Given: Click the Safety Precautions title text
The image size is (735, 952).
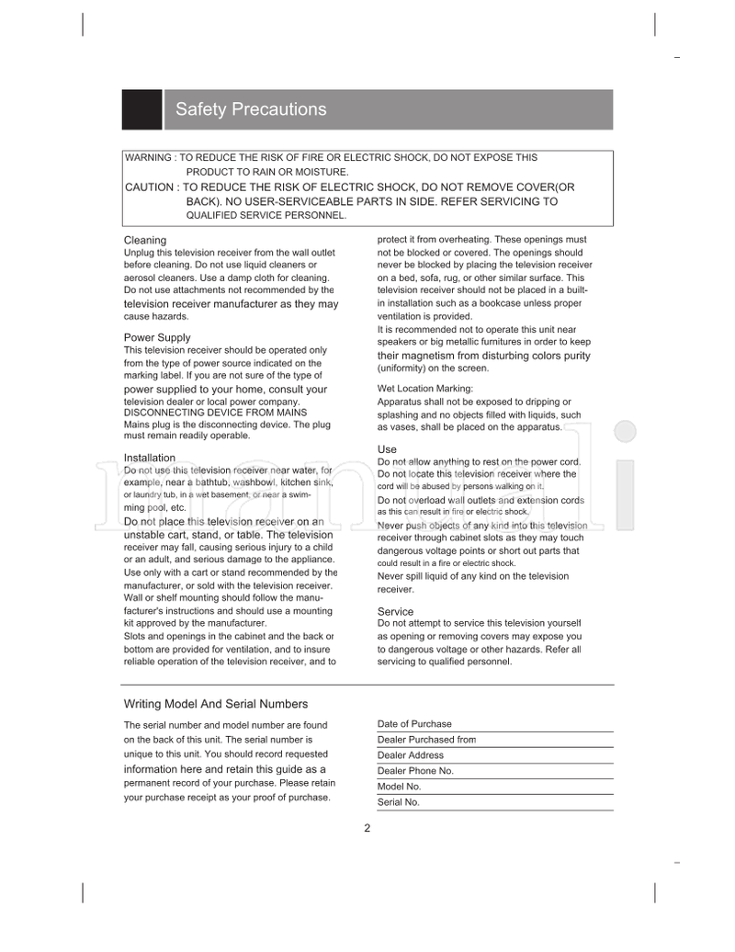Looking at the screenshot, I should point(251,109).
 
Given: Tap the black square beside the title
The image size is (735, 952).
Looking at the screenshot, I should point(141,109).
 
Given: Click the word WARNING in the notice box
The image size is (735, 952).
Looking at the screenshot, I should point(148,158).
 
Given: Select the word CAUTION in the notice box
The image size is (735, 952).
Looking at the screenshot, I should point(149,187).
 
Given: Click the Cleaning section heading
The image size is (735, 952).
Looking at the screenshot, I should point(145,241).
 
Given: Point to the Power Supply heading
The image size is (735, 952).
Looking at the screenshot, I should point(157,338).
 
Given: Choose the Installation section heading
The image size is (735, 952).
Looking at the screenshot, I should point(150,458).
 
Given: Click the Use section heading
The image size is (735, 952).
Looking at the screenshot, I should point(387,449).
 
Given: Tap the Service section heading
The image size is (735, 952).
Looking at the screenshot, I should point(395,612).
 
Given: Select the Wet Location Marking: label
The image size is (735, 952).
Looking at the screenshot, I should point(425,389).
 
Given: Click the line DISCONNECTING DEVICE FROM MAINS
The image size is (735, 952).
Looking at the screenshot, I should point(216,414).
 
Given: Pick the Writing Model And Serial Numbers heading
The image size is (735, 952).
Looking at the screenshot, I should point(216,704).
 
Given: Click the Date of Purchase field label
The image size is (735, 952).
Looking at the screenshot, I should point(414,724).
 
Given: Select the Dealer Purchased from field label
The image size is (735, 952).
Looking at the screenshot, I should point(426,740).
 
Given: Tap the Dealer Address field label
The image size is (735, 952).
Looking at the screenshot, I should point(411,755).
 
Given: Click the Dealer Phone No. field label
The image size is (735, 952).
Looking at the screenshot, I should point(415,771).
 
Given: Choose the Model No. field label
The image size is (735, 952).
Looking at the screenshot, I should point(399,787).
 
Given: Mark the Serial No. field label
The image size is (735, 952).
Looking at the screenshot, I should point(398,802).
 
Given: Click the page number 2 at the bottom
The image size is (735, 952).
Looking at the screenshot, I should point(367,828).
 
